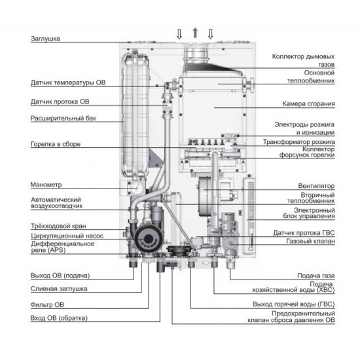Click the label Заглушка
click(46, 39)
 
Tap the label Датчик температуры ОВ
click(68, 84)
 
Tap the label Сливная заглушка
click(59, 288)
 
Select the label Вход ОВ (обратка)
click(59, 318)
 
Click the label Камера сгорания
click(308, 103)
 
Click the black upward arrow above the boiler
click(194, 33)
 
